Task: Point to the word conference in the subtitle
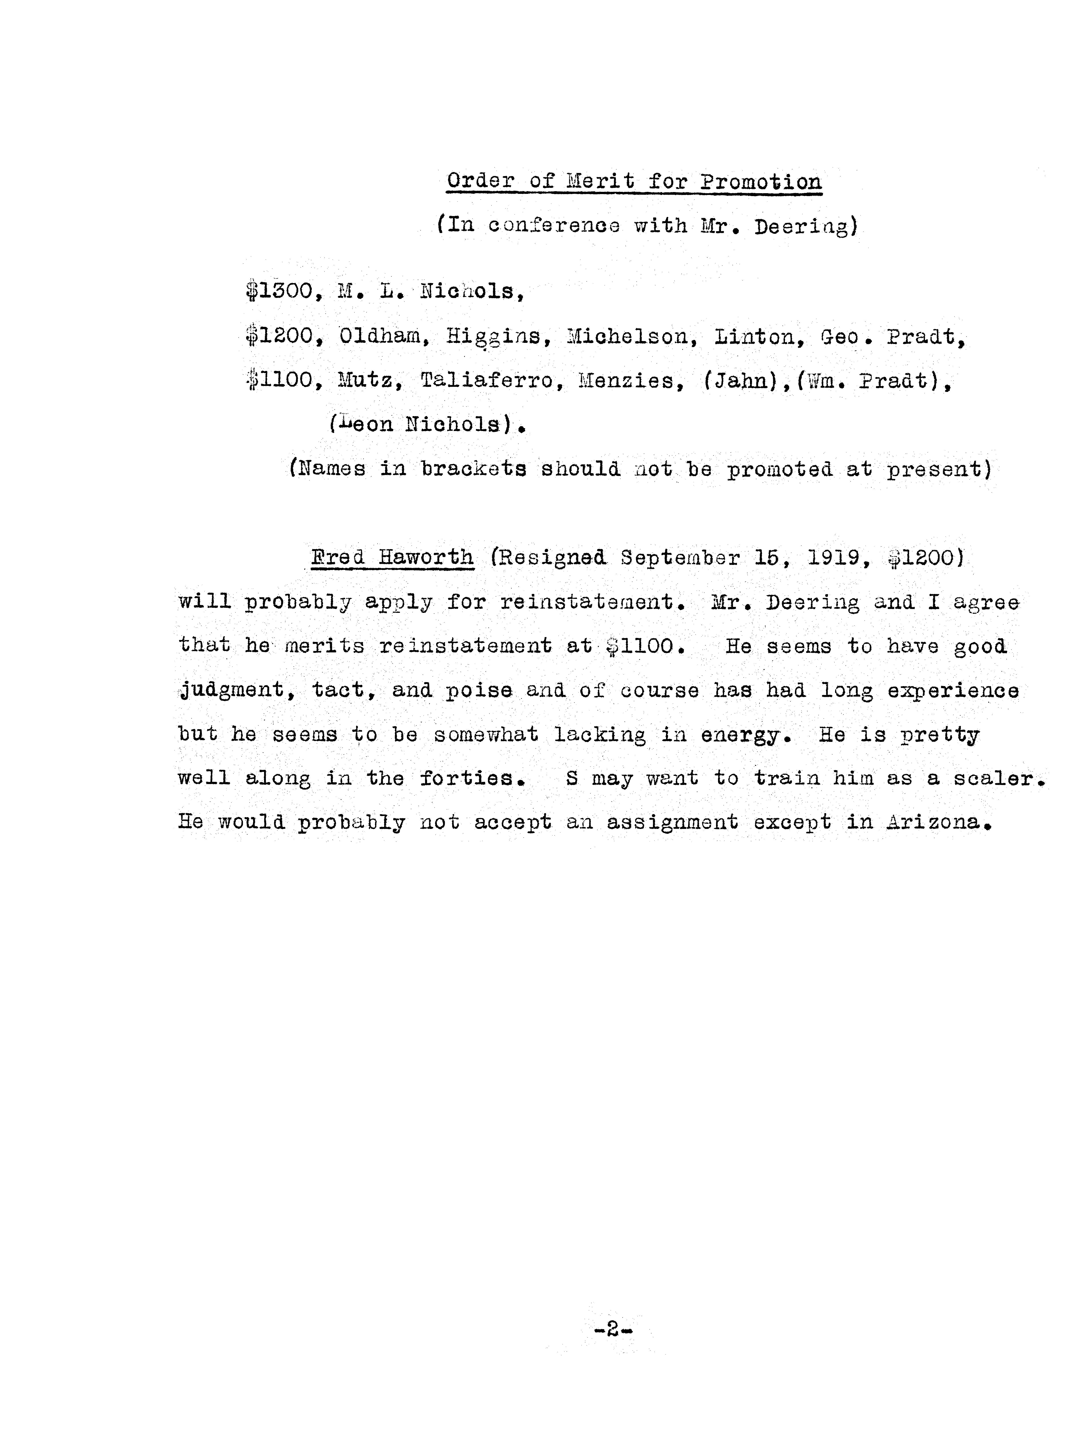(554, 226)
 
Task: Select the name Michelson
(627, 337)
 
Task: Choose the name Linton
(754, 337)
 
